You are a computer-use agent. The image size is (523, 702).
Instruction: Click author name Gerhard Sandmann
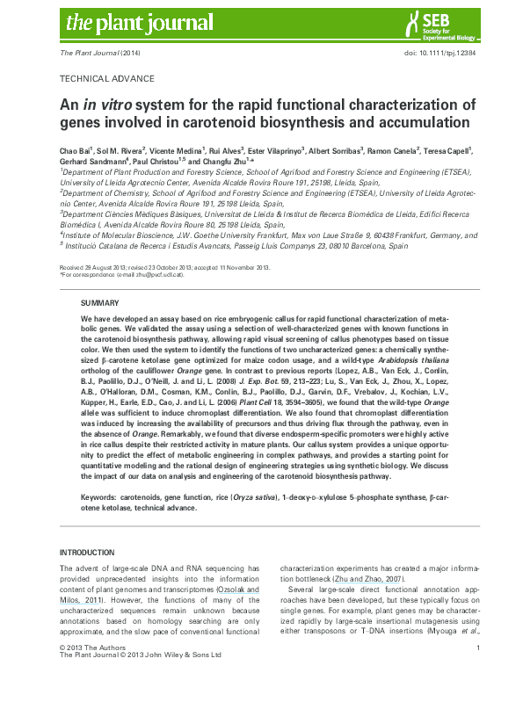[x=92, y=161]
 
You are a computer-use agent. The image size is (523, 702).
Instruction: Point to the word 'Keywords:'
[x=100, y=496]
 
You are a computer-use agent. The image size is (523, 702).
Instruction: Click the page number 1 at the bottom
[x=476, y=672]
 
